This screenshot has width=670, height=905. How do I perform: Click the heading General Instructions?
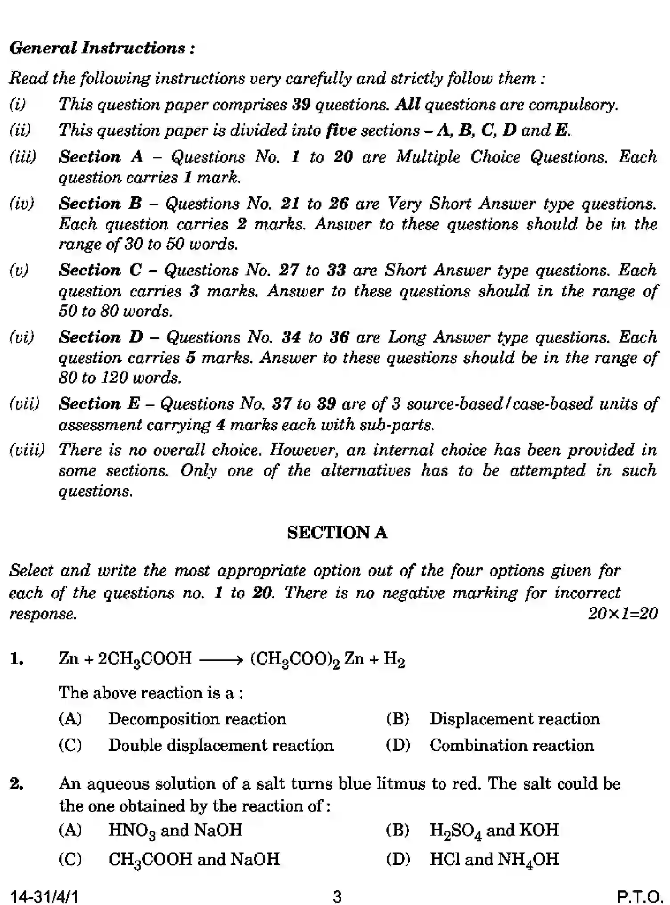pos(102,48)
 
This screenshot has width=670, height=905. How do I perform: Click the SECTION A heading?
pos(337,533)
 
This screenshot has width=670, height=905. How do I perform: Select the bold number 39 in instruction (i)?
pos(301,105)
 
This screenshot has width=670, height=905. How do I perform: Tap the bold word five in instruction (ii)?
pos(341,130)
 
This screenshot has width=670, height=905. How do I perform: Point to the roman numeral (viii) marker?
pos(27,450)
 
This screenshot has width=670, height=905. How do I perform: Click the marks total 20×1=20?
pos(622,614)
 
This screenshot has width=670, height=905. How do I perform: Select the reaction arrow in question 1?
pos(221,659)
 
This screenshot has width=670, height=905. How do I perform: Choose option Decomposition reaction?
pos(197,719)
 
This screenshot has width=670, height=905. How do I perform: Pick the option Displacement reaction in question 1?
pos(514,719)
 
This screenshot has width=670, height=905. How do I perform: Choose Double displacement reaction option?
pos(221,745)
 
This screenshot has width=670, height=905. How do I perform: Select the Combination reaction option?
pos(512,745)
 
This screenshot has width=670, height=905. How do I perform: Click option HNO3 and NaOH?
pos(175,830)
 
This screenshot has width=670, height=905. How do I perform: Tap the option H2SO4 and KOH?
pos(494,830)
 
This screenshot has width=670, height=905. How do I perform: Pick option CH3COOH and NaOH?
pos(194,859)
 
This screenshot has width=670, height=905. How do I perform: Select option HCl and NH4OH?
pos(494,859)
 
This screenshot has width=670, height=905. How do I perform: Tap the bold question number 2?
pos(16,784)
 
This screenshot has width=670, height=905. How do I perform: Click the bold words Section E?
pos(99,404)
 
